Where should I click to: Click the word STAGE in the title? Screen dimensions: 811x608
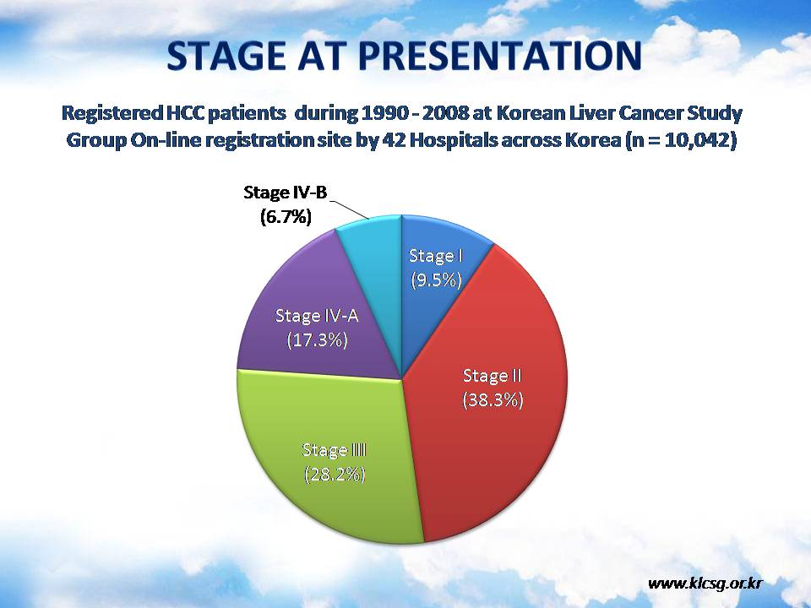pos(226,56)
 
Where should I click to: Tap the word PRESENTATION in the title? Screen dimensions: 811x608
pos(500,56)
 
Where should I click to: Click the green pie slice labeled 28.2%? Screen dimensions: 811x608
pos(331,460)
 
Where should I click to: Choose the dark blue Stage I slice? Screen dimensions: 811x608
pos(434,269)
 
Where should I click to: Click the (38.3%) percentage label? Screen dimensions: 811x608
pos(493,400)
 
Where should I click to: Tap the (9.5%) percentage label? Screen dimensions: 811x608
pos(436,280)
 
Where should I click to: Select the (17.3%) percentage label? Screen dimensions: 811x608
pos(318,340)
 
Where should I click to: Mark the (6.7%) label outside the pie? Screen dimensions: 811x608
pos(286,217)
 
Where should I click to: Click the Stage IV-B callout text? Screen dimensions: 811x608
pos(286,193)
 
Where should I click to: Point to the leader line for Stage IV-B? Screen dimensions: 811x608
pos(349,209)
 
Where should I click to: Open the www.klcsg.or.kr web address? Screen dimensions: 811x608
pos(705,584)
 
